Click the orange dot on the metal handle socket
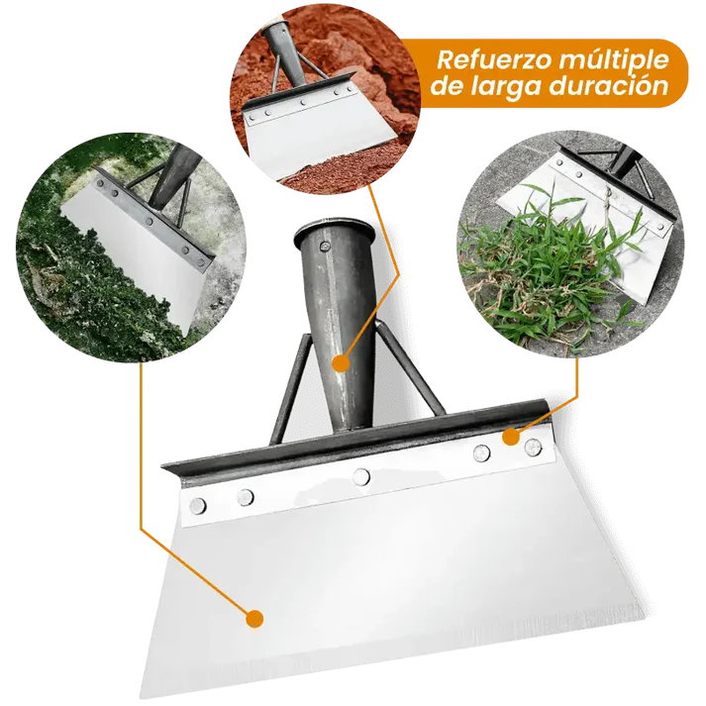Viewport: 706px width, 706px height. (x=340, y=364)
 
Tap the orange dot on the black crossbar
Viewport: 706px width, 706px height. (x=510, y=436)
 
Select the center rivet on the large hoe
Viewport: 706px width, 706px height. (x=361, y=476)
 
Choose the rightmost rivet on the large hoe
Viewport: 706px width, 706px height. (x=534, y=446)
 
